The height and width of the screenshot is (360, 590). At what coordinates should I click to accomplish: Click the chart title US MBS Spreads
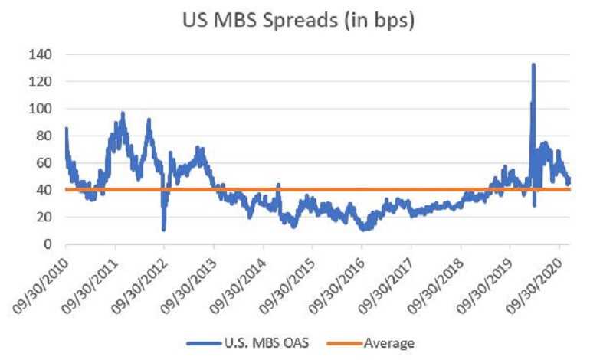coord(295,21)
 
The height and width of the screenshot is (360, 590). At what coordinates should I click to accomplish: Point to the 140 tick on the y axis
coord(42,54)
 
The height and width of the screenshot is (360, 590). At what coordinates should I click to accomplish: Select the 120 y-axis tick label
coord(42,82)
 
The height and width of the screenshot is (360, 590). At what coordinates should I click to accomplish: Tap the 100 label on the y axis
coord(42,109)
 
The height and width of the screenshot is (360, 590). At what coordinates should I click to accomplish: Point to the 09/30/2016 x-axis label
coord(339,280)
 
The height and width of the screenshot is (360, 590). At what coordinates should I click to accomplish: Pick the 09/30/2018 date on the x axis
coord(438,280)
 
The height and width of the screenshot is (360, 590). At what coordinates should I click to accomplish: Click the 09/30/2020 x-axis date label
coord(536,280)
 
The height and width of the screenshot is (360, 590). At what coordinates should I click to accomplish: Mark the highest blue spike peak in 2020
coord(533,64)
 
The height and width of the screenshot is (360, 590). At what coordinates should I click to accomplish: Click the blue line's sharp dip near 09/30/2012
coord(164,229)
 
